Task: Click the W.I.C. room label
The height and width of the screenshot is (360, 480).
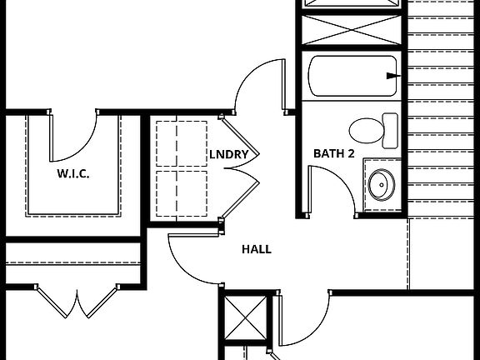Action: pos(73,174)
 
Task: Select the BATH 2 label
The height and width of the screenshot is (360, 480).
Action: pos(334,153)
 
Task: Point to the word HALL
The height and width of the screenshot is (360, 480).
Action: pos(256,249)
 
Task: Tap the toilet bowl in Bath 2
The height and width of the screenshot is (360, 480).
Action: pos(365,130)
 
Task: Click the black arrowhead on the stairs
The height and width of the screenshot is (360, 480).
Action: pos(392,76)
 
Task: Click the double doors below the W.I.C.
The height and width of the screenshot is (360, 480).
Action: pos(77,303)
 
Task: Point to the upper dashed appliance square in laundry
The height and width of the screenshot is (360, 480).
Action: pos(181,145)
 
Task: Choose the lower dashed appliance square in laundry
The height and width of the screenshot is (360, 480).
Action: pos(181,193)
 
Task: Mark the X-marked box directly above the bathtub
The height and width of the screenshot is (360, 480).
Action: pos(351,33)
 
